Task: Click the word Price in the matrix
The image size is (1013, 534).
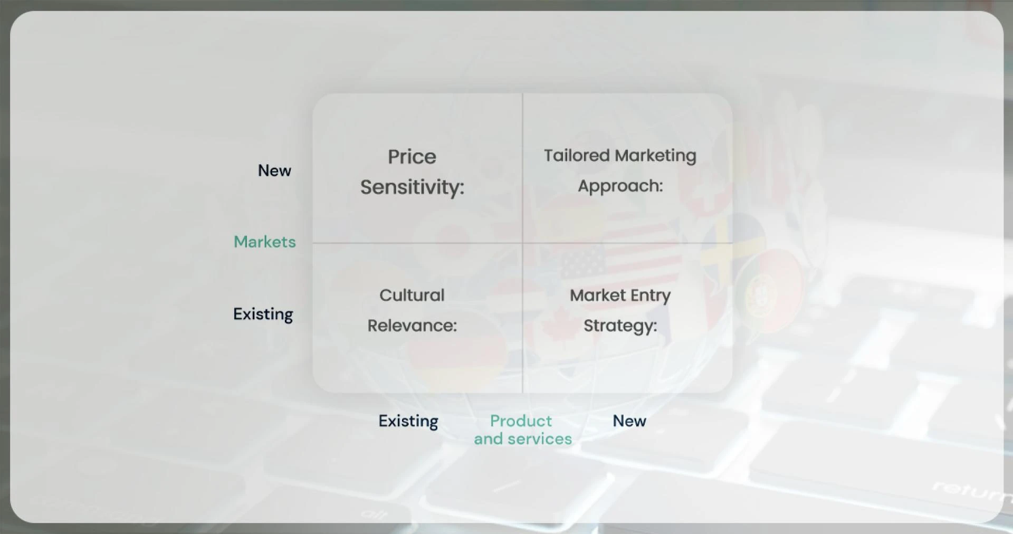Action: pyautogui.click(x=412, y=157)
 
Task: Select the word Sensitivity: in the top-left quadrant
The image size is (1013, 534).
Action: pyautogui.click(x=412, y=187)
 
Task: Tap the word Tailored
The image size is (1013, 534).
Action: pyautogui.click(x=577, y=156)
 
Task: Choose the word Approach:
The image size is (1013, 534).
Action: pyautogui.click(x=620, y=186)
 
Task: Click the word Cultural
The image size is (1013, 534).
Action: pyautogui.click(x=412, y=295)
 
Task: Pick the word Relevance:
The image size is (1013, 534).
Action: pyautogui.click(x=412, y=326)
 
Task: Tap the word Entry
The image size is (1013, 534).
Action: pyautogui.click(x=649, y=295)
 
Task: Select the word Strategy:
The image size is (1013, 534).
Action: pyautogui.click(x=620, y=326)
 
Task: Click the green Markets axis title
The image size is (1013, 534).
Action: pyautogui.click(x=264, y=242)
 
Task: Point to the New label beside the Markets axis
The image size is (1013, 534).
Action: pyautogui.click(x=274, y=170)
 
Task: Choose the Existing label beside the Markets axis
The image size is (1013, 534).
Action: pyautogui.click(x=263, y=314)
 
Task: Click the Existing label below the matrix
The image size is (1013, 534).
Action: pyautogui.click(x=408, y=421)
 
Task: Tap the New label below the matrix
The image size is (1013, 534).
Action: pyautogui.click(x=629, y=421)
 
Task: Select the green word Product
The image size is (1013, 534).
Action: pyautogui.click(x=520, y=421)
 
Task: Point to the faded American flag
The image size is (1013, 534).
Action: pyautogui.click(x=617, y=248)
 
